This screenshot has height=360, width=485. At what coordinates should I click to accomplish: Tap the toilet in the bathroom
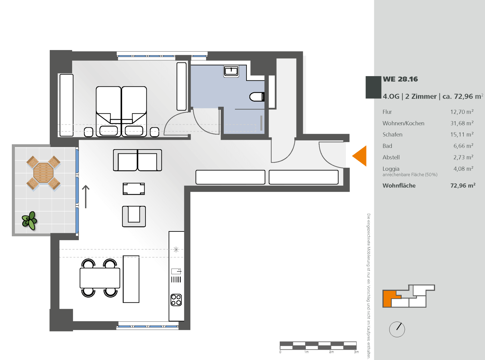click(257, 97)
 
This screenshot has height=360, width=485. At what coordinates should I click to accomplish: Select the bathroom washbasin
click(231, 72)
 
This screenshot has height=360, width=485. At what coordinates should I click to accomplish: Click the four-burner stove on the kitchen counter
click(176, 300)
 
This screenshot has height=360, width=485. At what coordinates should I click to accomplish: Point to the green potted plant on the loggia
click(29, 220)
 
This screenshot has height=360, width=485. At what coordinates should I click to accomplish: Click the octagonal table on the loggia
click(43, 173)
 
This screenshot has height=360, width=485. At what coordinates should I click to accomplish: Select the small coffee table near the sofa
click(134, 189)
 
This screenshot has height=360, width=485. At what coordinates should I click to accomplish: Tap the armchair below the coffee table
click(134, 217)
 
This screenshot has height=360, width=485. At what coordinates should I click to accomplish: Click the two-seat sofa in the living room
click(137, 160)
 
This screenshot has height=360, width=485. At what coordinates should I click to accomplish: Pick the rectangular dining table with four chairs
click(100, 278)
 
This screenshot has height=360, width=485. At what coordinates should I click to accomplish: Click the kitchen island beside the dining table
click(131, 279)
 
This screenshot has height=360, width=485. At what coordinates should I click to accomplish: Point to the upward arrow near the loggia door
click(86, 197)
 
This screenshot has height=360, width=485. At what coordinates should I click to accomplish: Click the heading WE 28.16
click(400, 79)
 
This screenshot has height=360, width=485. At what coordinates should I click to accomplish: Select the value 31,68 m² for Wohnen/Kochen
click(462, 123)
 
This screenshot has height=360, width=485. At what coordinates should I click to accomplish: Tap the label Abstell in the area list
click(391, 157)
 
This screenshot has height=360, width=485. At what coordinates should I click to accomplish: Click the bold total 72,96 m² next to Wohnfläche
click(463, 186)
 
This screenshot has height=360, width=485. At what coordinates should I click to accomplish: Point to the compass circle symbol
click(397, 329)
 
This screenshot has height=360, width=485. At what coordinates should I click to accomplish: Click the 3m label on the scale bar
click(356, 352)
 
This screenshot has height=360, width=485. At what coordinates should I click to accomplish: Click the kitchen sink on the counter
click(176, 271)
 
